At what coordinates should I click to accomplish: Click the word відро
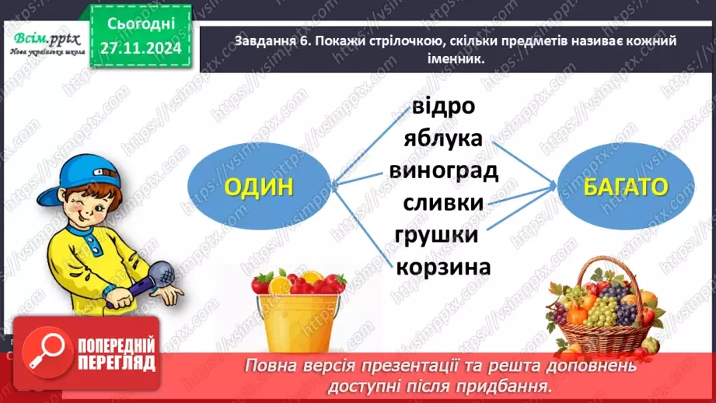coord(443,107)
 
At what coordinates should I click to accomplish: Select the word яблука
coord(443,138)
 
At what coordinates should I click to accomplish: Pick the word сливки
coord(443,202)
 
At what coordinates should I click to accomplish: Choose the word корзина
coord(443,267)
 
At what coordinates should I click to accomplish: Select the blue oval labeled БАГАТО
coord(627,187)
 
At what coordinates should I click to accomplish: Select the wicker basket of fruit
coord(606,311)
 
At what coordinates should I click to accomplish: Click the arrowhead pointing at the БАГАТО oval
coord(553,186)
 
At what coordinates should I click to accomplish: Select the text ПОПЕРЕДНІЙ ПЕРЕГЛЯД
coord(117,355)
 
